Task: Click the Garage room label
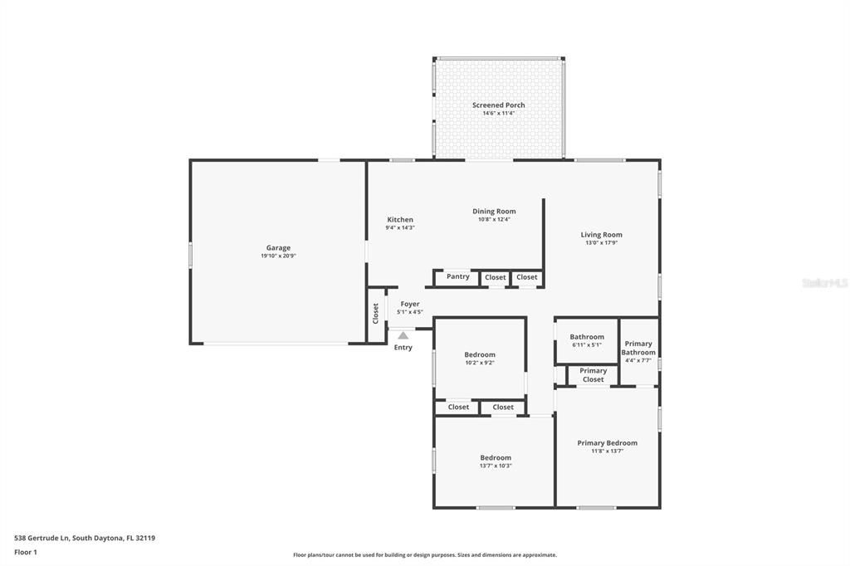pos(278,247)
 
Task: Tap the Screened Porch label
pos(498,105)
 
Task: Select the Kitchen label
pos(399,220)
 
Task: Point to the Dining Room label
pos(494,212)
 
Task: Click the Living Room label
pos(601,235)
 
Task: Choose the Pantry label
pos(457,276)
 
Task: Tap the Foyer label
pos(409,305)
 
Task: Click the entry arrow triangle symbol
pos(403,335)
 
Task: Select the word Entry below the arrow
pos(403,348)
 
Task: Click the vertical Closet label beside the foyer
pos(375,313)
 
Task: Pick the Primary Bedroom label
pos(607,443)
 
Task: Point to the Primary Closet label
pos(593,375)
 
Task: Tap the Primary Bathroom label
pos(638,348)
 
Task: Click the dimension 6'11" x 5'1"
pos(587,344)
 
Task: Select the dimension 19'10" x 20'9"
pos(278,256)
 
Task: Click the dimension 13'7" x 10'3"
pos(495,466)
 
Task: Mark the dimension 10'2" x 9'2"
pos(479,363)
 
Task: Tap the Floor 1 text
pos(26,552)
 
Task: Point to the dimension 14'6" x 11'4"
pos(498,113)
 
